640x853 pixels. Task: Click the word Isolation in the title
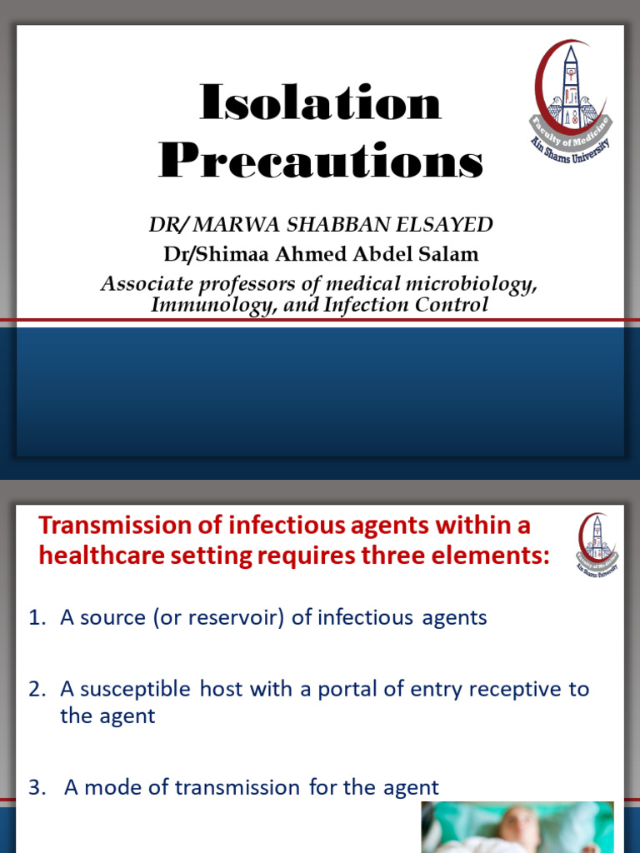(x=321, y=104)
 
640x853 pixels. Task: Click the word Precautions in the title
(x=321, y=161)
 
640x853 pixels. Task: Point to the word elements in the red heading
(x=492, y=556)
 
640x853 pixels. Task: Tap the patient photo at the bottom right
(x=517, y=827)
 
